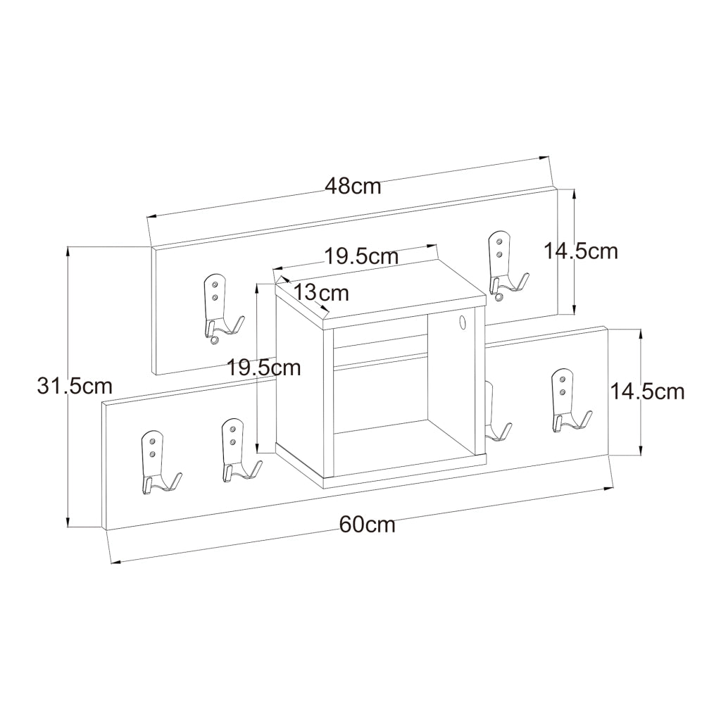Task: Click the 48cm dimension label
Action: (x=353, y=186)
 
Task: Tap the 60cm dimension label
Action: (x=368, y=524)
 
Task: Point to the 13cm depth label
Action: (x=321, y=292)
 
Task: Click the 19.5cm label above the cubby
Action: (x=361, y=256)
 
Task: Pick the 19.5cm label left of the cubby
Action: (x=265, y=368)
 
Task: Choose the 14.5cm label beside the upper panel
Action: (x=581, y=251)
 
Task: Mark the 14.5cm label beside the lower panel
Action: (x=647, y=391)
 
